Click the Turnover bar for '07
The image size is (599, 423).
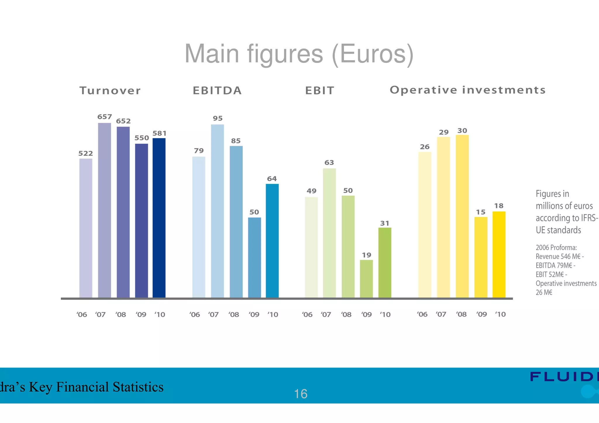pyautogui.click(x=104, y=210)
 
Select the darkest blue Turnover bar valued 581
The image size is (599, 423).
pyautogui.click(x=159, y=218)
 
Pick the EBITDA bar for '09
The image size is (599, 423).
pyautogui.click(x=254, y=257)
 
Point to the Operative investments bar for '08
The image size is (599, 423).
pyautogui.click(x=462, y=216)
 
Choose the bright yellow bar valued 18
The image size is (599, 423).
pyautogui.click(x=499, y=254)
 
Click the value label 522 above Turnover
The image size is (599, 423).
pyautogui.click(x=85, y=153)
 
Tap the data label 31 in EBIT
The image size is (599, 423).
pyautogui.click(x=385, y=223)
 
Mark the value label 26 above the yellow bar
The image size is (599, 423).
pyautogui.click(x=425, y=147)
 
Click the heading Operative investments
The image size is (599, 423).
pyautogui.click(x=468, y=90)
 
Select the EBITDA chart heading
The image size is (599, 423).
pyautogui.click(x=217, y=91)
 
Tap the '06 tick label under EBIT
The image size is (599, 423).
pyautogui.click(x=307, y=315)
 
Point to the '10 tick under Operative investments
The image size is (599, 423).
pyautogui.click(x=500, y=314)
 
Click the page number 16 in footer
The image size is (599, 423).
pyautogui.click(x=300, y=394)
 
